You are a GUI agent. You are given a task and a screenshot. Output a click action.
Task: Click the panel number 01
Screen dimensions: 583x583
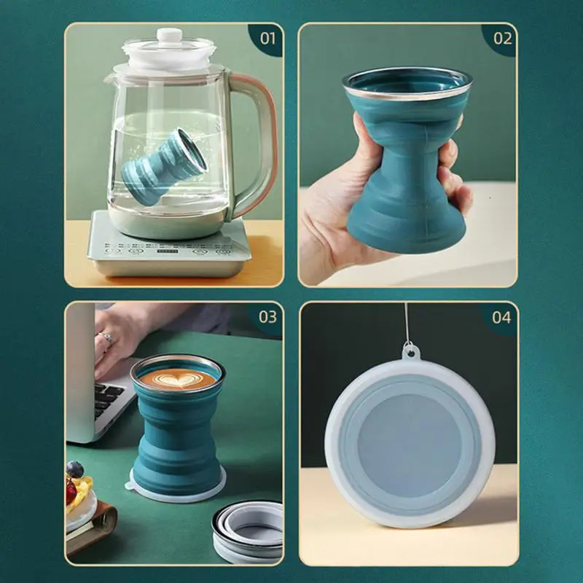pos(268,38)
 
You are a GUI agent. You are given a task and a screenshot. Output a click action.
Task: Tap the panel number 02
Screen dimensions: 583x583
pos(503,38)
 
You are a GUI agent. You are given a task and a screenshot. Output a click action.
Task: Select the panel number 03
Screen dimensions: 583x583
pos(267,317)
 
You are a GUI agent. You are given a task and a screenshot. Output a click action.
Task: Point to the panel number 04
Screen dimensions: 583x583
pos(501,317)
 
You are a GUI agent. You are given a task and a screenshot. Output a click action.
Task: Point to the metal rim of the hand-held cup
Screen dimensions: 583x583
pos(408,77)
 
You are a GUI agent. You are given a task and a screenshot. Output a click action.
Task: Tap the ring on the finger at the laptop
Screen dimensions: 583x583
pos(107,338)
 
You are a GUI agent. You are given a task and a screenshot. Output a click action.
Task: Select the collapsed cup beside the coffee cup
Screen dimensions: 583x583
pos(248,528)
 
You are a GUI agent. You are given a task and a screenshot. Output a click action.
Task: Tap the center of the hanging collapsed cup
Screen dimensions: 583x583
pos(410,437)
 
